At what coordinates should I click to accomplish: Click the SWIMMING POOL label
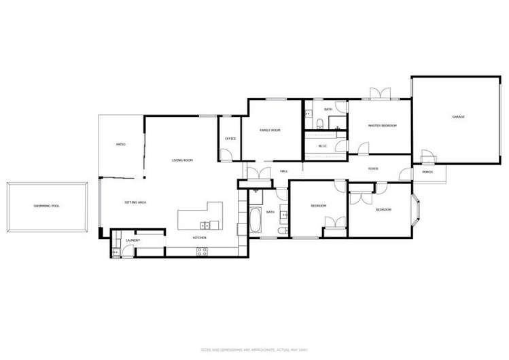47,205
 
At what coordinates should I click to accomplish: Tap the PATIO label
120,145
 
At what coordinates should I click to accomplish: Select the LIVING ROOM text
182,160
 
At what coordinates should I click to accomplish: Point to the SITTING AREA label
136,202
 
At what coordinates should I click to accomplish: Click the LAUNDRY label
133,240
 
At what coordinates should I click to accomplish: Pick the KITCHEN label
199,238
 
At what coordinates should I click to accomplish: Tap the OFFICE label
230,139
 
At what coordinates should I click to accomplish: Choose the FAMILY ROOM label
270,130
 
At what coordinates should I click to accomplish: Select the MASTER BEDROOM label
382,126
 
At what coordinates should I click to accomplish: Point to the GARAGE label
459,118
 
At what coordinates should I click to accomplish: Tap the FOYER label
373,168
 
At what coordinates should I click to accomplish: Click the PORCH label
427,173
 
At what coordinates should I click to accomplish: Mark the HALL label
284,171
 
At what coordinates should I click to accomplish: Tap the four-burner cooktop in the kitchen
202,251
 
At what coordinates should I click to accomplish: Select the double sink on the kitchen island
205,225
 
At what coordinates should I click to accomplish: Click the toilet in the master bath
319,123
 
